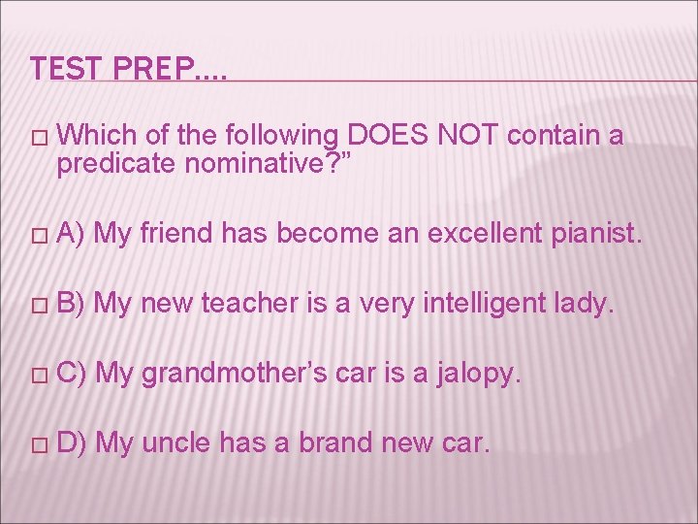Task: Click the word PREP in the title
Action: [x=143, y=69]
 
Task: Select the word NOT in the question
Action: [x=469, y=136]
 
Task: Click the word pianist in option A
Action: [x=597, y=234]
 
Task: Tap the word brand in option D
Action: [x=325, y=443]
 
